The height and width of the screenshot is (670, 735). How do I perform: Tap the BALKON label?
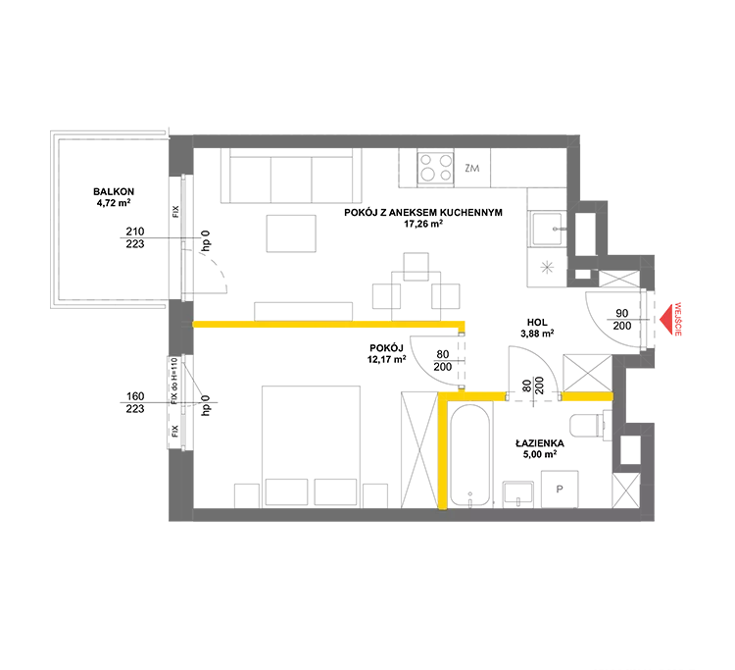(x=114, y=191)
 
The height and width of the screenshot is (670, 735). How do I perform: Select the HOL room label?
(x=537, y=323)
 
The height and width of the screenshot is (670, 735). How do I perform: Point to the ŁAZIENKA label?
(x=540, y=443)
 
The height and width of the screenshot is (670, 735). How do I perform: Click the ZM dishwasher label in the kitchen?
(x=472, y=168)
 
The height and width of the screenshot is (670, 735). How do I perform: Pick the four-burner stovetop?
(x=436, y=168)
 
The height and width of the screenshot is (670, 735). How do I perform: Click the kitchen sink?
(x=547, y=229)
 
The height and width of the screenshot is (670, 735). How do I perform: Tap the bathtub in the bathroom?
(x=470, y=454)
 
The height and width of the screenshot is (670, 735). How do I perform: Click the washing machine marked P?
(x=560, y=489)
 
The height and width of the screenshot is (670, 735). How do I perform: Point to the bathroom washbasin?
(x=518, y=494)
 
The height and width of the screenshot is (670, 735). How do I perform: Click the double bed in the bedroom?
(x=311, y=446)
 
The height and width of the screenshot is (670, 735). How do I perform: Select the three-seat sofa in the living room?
(x=291, y=176)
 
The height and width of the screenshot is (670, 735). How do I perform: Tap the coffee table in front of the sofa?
(x=291, y=233)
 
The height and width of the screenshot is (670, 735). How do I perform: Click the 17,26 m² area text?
(x=423, y=224)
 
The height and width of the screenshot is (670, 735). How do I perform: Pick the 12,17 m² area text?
(x=387, y=359)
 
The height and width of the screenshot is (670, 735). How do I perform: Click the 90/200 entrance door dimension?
(x=622, y=320)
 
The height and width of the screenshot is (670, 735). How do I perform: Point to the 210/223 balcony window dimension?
(x=135, y=237)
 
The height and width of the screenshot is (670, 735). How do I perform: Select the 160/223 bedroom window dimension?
(x=135, y=402)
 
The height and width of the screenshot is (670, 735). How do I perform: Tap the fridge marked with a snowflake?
(x=547, y=268)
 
